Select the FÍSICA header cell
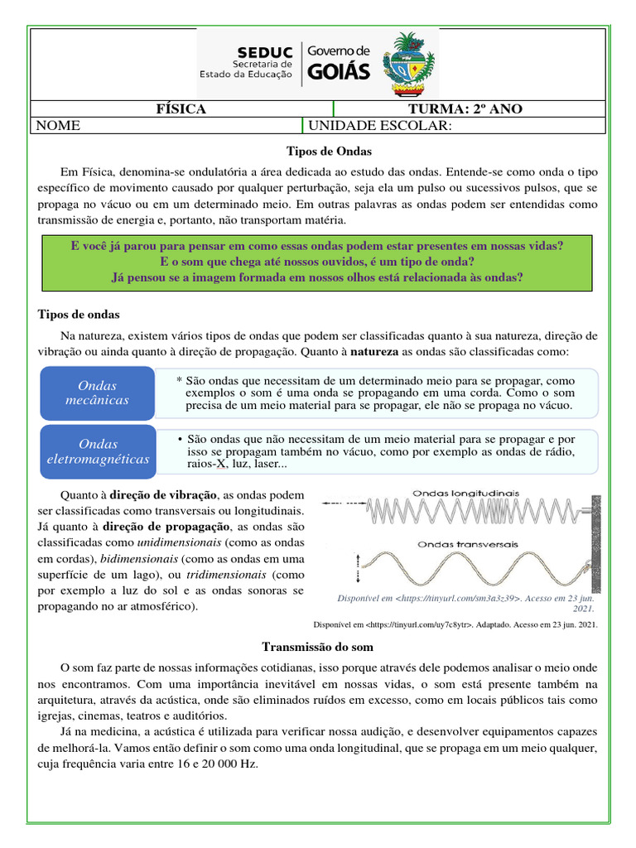(181, 109)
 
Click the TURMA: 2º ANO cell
(465, 109)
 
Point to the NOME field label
(59, 125)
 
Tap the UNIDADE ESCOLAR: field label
(380, 125)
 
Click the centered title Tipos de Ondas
(317, 152)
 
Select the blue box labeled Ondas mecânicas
(97, 393)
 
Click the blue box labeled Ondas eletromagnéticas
(97, 451)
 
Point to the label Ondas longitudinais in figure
(466, 493)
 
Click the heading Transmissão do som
(317, 647)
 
